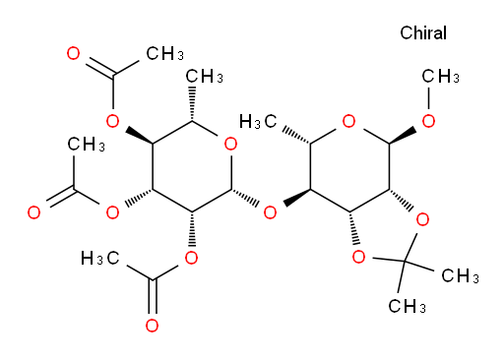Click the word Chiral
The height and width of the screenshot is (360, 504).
423,32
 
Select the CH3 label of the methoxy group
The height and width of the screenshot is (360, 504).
440,77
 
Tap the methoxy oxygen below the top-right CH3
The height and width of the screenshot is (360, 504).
428,121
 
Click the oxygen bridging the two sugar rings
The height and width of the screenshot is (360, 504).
270,212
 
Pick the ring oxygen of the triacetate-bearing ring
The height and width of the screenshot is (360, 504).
230,144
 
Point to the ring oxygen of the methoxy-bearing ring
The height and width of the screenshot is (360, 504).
348,121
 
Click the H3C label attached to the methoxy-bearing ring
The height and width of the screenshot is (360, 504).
258,122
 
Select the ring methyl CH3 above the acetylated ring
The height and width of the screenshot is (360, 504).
204,77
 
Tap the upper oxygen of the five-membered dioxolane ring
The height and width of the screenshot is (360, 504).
422,219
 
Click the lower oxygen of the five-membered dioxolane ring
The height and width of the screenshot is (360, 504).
358,257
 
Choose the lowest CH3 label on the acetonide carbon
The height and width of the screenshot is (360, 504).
407,307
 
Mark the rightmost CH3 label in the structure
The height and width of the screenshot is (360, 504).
460,275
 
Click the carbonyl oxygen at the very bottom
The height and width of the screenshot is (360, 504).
152,326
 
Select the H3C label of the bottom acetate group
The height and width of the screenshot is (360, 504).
99,258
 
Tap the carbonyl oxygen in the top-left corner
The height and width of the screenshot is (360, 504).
73,53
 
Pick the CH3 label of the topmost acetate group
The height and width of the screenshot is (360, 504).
164,53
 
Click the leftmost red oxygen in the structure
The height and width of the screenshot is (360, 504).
33,212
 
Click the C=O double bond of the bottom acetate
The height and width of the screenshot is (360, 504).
152,297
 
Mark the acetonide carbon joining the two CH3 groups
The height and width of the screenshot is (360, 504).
405,262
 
